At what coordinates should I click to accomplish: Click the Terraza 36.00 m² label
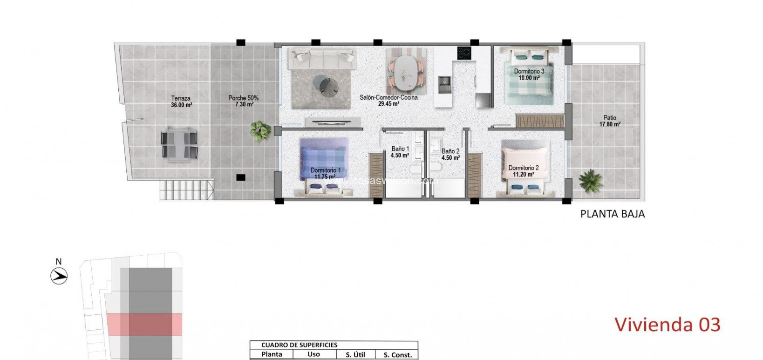(x=181, y=102)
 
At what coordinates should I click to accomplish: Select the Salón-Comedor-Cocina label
(x=388, y=101)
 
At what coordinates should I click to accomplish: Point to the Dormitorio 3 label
(x=529, y=75)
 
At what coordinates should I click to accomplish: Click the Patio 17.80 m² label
(x=609, y=121)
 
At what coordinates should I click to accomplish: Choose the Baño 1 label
(x=400, y=152)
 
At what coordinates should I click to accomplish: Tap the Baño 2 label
(x=450, y=154)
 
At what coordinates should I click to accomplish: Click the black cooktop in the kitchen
(x=464, y=53)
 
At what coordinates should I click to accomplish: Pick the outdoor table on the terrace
(x=179, y=144)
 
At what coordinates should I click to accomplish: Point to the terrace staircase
(x=187, y=190)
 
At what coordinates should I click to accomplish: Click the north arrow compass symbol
(x=59, y=276)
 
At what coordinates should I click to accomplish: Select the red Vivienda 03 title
(x=667, y=325)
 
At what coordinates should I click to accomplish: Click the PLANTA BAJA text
(x=612, y=214)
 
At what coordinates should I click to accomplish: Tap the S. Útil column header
(x=355, y=354)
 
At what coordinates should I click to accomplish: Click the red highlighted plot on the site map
(x=144, y=324)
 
